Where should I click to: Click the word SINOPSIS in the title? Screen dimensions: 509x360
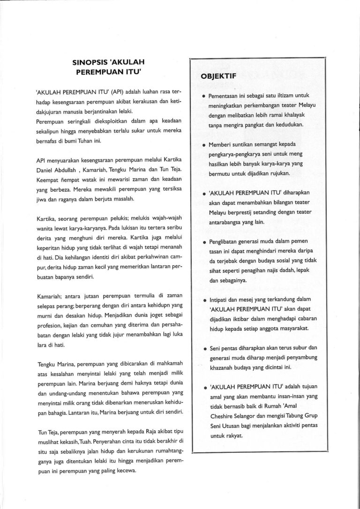[x=90, y=62]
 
